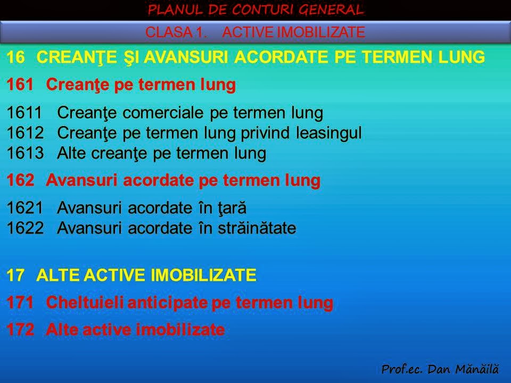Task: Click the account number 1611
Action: (x=23, y=113)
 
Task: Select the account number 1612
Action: (x=23, y=133)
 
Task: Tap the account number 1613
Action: (x=23, y=153)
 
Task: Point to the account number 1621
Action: (x=23, y=207)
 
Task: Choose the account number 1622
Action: (x=23, y=228)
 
